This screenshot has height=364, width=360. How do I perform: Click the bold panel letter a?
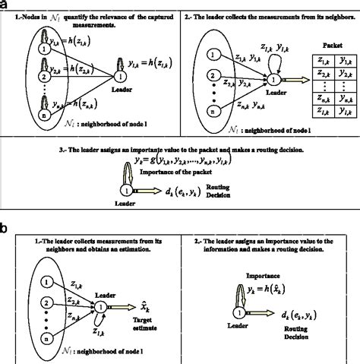click(x=6, y=6)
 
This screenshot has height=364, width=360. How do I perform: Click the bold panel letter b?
click(x=6, y=226)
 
